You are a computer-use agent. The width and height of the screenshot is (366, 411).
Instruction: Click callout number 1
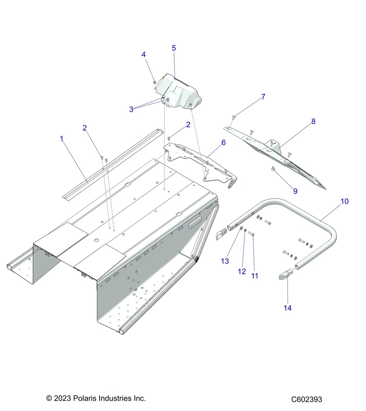pos(62,139)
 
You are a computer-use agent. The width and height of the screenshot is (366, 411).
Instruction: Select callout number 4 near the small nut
pos(144,54)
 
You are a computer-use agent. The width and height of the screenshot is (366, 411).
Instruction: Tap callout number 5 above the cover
pos(174,48)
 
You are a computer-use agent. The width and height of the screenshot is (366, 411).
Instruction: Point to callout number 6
pos(223,142)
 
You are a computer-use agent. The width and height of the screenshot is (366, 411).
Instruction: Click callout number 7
pos(263,97)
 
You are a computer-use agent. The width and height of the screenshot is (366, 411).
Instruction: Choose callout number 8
pos(313,121)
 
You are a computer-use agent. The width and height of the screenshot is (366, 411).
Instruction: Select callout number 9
pos(295,191)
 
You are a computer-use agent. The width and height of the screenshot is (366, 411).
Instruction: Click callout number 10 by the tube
pos(345,201)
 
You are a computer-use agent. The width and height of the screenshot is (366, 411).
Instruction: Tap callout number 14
pos(287,308)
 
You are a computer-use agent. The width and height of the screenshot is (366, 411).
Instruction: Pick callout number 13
pos(225,261)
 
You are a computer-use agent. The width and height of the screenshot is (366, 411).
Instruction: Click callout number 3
pos(131,109)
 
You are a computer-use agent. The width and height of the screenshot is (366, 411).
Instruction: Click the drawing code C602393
pos(306,399)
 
